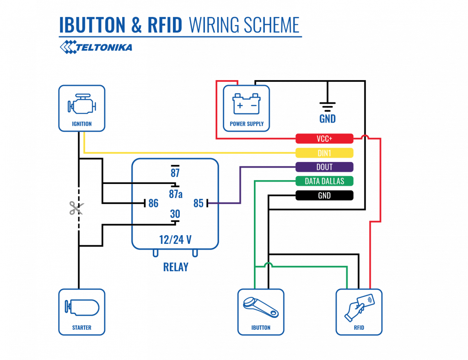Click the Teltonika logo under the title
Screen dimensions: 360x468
tap(96, 47)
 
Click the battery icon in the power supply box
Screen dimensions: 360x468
tap(246, 104)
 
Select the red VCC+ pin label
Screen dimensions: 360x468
tap(324, 139)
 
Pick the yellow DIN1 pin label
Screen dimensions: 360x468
tap(324, 153)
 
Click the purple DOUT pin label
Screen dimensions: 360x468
tap(324, 167)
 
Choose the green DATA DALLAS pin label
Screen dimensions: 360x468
tap(324, 181)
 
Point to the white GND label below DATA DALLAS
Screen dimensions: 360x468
tap(324, 195)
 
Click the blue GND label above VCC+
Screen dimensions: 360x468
tap(327, 119)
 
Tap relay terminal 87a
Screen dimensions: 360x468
tap(176, 194)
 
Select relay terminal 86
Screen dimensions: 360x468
tap(153, 203)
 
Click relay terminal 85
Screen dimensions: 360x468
tap(198, 203)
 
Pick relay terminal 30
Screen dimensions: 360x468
tap(175, 214)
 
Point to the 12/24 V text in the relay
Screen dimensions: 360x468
tap(175, 240)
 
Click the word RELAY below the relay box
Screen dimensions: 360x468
tap(176, 267)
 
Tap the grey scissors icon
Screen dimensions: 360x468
tap(76, 208)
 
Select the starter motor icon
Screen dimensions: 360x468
tap(82, 306)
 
